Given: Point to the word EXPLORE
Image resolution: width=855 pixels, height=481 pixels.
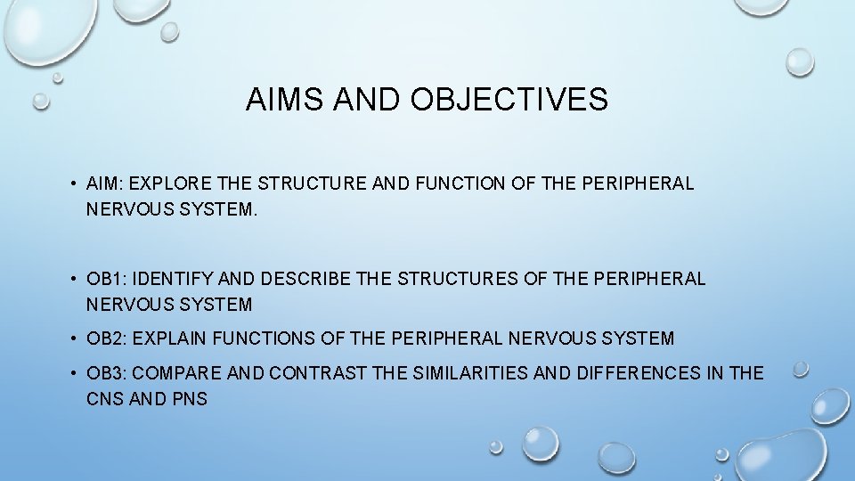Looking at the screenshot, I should [175, 184].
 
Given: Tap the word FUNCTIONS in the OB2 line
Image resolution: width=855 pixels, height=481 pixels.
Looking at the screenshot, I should [265, 338].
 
